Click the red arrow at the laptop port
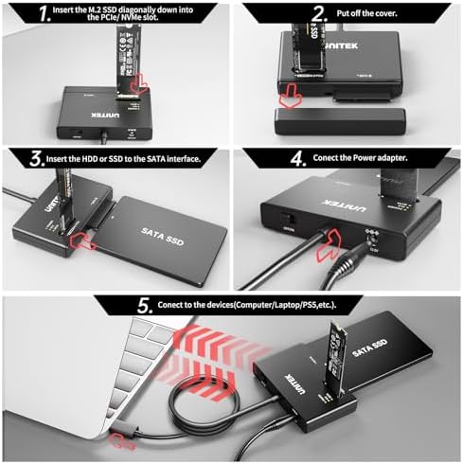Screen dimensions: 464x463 (124, 437)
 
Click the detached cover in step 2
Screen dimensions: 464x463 (337, 122)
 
